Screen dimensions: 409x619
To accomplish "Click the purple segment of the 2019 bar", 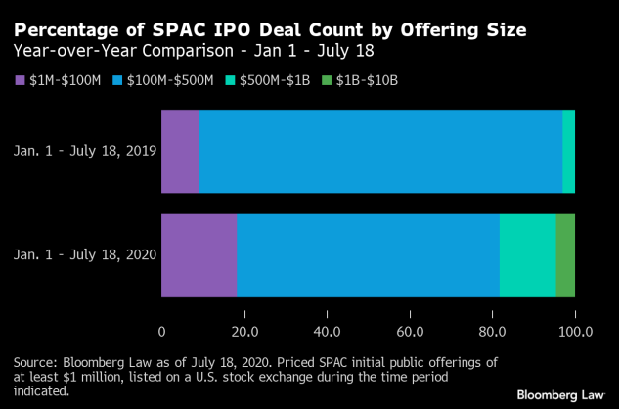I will point(180,152).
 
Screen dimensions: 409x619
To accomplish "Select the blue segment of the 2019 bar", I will point(380,152).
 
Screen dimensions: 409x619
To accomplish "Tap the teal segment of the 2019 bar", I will point(568,152).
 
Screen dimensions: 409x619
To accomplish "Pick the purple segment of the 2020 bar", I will point(199,255).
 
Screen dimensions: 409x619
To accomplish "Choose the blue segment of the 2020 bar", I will point(368,255).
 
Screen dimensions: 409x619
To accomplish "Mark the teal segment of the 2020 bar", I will point(527,255).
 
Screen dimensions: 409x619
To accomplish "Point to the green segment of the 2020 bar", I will point(565,255).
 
